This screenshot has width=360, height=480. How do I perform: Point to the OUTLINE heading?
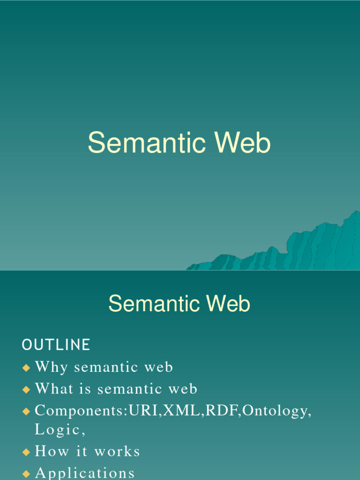click(56, 345)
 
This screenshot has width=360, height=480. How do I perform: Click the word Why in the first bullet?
click(52, 367)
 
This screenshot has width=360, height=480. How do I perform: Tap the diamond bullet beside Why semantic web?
click(26, 367)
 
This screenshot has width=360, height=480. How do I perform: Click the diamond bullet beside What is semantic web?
click(26, 389)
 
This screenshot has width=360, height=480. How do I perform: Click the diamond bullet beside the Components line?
click(26, 411)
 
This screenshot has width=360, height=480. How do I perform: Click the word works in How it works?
click(117, 451)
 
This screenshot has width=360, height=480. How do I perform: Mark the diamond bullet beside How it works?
click(26, 452)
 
